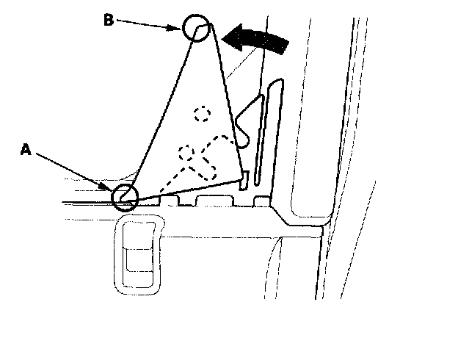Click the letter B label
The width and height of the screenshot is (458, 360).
(108, 20)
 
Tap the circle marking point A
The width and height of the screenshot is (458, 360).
(125, 197)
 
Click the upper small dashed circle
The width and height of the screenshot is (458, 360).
(202, 114)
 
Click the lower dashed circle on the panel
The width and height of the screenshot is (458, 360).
(187, 152)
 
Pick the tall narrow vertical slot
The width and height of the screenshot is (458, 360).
(271, 132)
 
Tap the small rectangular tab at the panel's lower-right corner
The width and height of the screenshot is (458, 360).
(245, 177)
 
